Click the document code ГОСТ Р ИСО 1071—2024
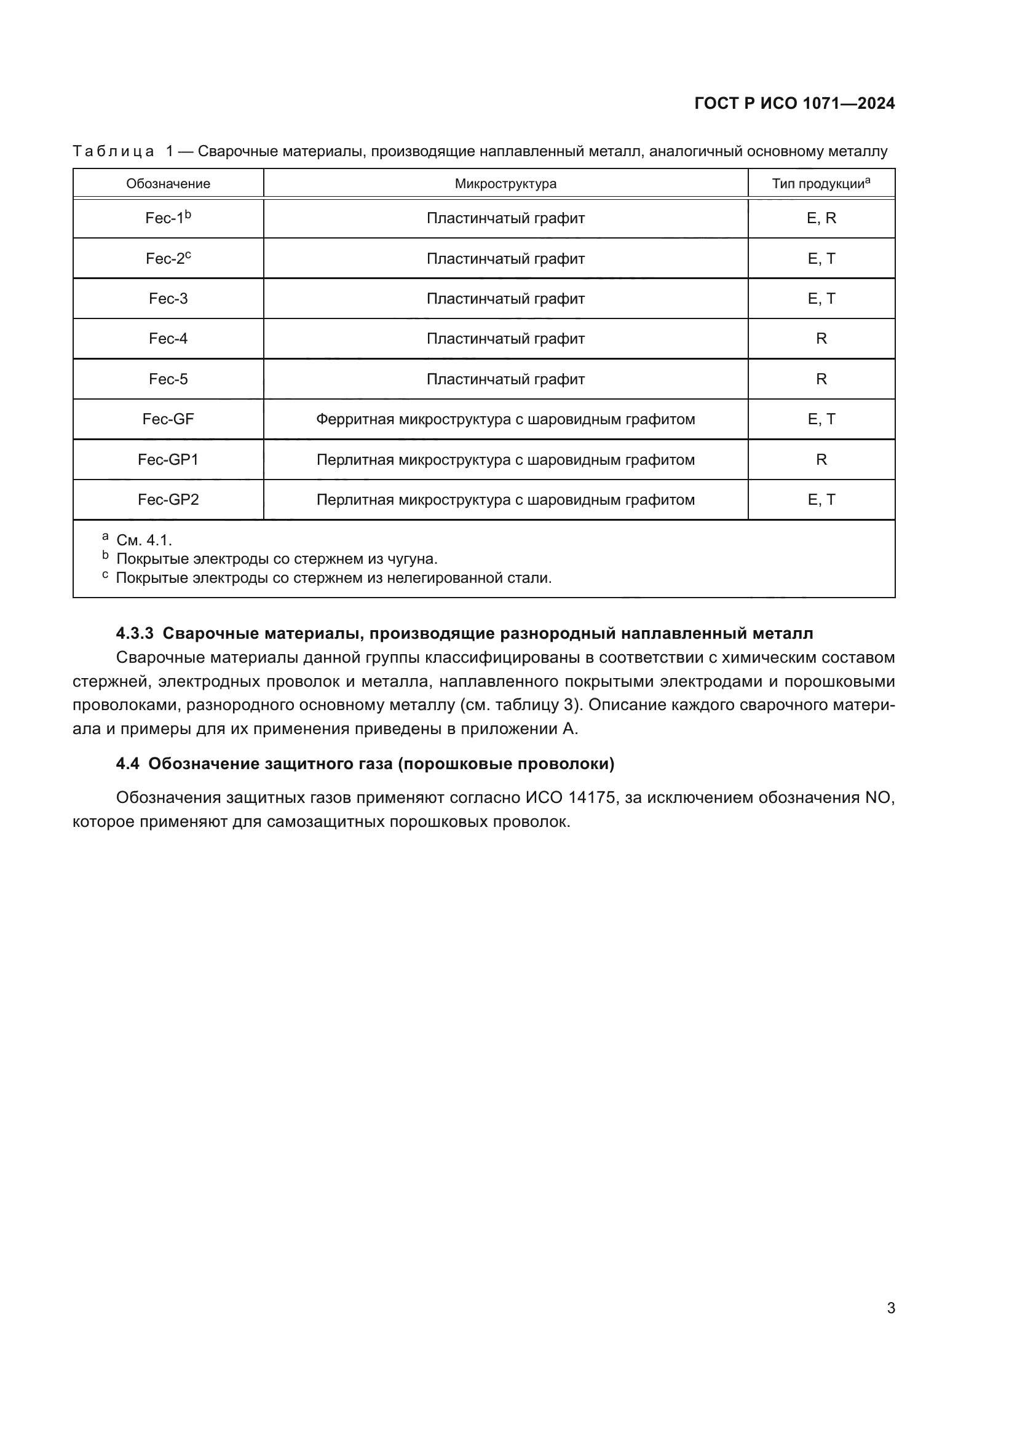coord(794,103)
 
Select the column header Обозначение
coord(168,183)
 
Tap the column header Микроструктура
coord(505,183)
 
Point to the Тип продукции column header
coord(820,183)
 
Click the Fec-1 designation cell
coord(168,218)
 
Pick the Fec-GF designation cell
coord(168,419)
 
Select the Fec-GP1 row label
coord(168,460)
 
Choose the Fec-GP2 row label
coord(168,500)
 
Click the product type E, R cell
coord(821,218)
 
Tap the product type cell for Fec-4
coord(821,339)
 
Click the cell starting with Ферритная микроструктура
coord(505,419)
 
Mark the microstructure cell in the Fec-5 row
coord(505,379)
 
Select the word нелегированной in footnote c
coord(447,577)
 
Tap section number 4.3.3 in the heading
coord(135,634)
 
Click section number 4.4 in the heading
coord(128,764)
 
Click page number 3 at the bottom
coord(890,1308)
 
